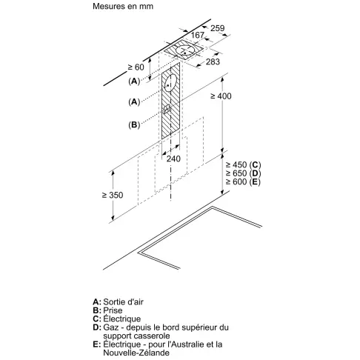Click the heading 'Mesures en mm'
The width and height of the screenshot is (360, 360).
[123, 6]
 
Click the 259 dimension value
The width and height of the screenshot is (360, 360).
[218, 28]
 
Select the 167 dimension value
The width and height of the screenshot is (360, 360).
[198, 35]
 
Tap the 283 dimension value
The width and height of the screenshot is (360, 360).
[213, 61]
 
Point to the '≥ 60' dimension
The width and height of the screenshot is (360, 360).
[136, 67]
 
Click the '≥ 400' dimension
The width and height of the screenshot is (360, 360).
[221, 96]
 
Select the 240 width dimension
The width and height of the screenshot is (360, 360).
[173, 159]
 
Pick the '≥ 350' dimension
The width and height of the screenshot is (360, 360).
[113, 195]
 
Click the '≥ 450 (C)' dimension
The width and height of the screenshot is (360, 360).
[243, 164]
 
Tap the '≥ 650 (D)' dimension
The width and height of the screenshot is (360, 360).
[243, 173]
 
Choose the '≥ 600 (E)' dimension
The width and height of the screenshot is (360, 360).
[243, 181]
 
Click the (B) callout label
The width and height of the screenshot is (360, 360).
[134, 124]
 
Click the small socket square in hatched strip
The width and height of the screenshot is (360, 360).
[167, 109]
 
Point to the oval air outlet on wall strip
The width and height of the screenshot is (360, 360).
[170, 83]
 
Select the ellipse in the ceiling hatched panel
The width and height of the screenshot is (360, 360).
[185, 50]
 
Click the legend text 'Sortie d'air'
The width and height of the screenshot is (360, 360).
[123, 301]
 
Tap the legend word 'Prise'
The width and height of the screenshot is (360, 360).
[113, 310]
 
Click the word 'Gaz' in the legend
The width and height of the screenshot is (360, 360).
[111, 327]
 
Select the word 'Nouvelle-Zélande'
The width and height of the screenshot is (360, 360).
[136, 353]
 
